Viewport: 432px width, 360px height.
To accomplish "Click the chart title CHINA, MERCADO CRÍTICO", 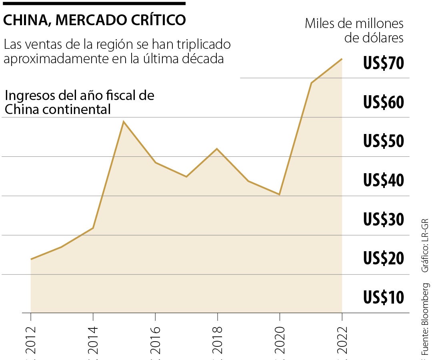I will [94, 20].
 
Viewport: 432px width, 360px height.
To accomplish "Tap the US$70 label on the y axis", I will [384, 64].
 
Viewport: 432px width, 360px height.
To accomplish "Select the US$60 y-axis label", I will [384, 103].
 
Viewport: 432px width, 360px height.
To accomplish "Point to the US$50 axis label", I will [384, 142].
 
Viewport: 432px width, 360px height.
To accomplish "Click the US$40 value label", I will [384, 181].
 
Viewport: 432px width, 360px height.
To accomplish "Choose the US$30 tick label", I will [384, 220].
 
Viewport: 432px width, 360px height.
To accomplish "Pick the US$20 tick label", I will [384, 259].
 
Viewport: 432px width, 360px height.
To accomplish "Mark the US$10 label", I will [384, 298].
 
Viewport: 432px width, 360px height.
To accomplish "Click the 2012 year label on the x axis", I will [31, 340].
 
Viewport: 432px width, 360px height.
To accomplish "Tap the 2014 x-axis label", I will [93, 340].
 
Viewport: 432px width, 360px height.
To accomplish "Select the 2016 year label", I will [155, 340].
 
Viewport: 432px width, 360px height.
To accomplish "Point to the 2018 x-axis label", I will [217, 340].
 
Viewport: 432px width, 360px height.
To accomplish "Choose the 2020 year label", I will [280, 340].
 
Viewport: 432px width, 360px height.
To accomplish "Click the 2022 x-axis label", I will [342, 340].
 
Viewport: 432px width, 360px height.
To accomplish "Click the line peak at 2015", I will [124, 122].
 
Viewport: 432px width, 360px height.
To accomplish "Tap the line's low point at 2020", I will [280, 194].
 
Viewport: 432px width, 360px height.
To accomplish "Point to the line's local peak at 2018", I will [217, 149].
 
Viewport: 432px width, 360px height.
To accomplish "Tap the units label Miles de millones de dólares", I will [354, 30].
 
